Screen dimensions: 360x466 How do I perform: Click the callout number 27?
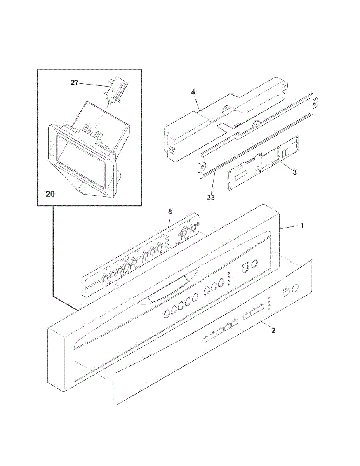tap(74, 82)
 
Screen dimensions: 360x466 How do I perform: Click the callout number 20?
tap(50, 194)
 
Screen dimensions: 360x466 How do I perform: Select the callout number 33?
tap(210, 197)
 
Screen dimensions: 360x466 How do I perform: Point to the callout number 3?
tap(295, 172)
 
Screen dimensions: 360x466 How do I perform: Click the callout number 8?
tap(170, 211)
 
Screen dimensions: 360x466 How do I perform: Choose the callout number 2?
tap(273, 330)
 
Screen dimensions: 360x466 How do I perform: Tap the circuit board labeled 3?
tap(264, 163)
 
